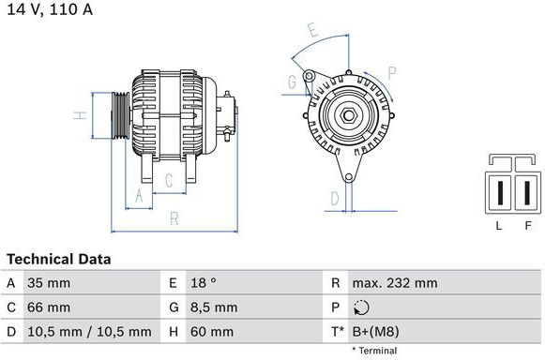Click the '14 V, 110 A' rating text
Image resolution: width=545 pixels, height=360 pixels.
coord(50,9)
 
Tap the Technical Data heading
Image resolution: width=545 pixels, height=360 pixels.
coord(59,260)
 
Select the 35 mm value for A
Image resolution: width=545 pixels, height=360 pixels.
coord(49,283)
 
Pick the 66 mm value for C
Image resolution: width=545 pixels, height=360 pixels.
coord(49,307)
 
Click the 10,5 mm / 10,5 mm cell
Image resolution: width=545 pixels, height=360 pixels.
coord(89,332)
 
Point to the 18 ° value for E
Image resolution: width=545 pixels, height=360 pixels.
coord(204,283)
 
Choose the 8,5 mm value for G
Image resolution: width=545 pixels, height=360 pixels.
coord(214,307)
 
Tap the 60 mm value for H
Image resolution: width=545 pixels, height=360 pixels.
coord(212,332)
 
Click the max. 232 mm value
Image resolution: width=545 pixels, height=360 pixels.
coord(395,283)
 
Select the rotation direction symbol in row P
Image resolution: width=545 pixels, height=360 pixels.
coord(361,307)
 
